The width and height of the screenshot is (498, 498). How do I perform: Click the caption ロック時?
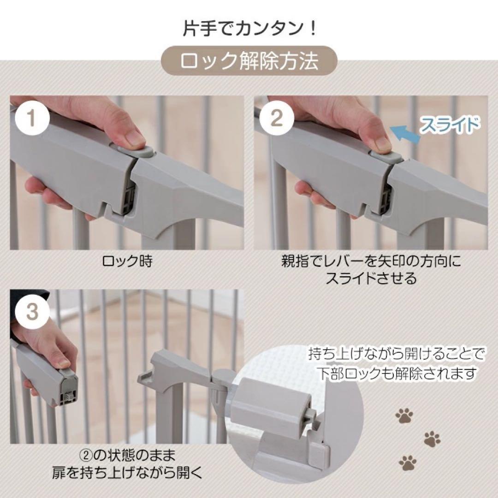(x=127, y=261)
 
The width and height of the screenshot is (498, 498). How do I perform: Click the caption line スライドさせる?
(x=371, y=278)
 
